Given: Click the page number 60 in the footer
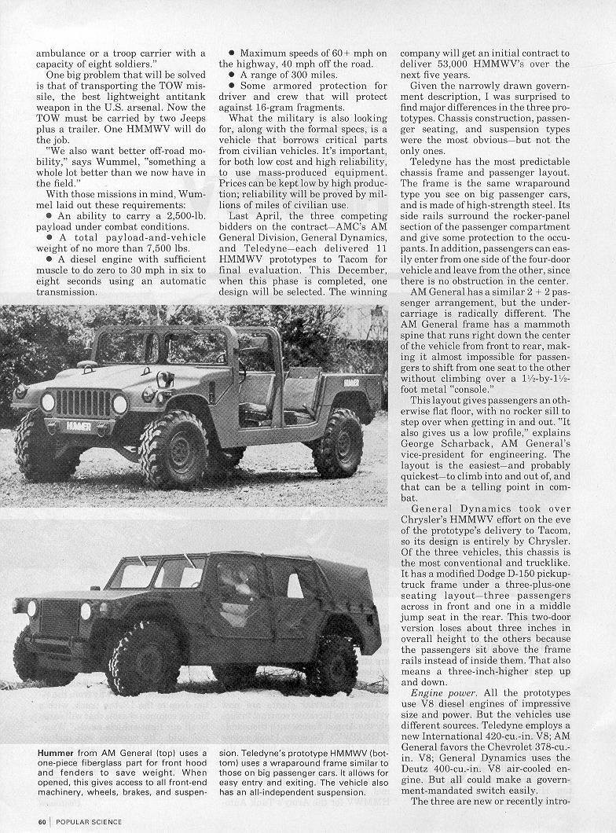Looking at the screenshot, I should [42, 822].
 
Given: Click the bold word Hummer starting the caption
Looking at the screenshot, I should [55, 753].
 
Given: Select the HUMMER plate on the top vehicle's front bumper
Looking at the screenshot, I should [78, 425].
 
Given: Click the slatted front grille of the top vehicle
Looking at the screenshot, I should [82, 403].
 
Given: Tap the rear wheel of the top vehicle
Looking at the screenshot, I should [338, 443].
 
